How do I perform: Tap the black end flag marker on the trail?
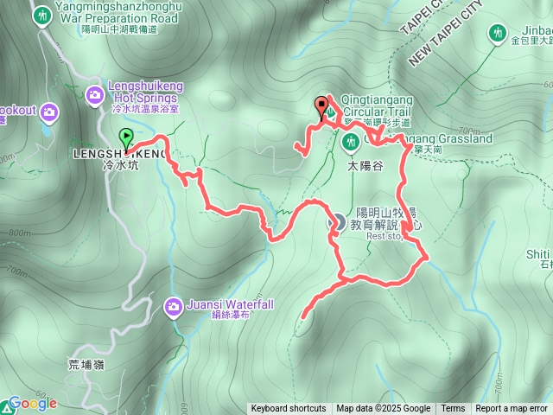click(x=323, y=107)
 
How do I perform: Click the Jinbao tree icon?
click(x=497, y=34)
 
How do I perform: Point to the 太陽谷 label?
click(x=365, y=163)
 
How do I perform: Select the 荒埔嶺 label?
click(x=87, y=365)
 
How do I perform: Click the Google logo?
click(x=32, y=403)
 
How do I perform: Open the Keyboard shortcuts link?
click(x=289, y=409)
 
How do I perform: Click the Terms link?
click(x=453, y=409)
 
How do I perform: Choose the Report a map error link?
click(x=512, y=409)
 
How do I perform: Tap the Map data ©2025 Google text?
click(x=384, y=409)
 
